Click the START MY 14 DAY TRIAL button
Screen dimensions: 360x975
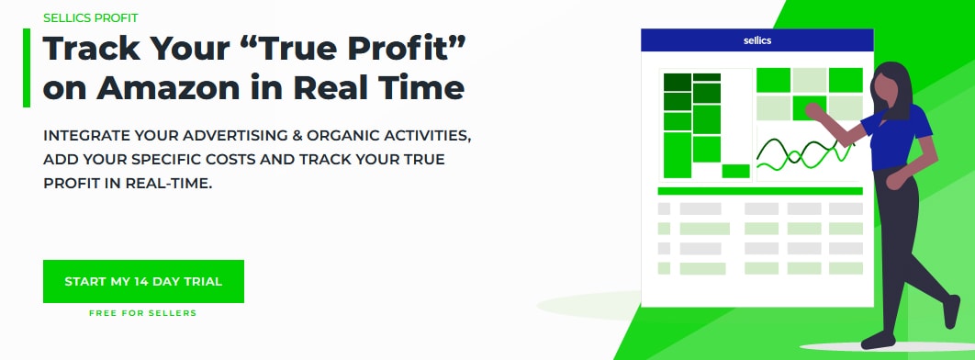point(143,281)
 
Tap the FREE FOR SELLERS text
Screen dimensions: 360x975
point(142,313)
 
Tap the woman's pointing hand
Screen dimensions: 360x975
point(812,111)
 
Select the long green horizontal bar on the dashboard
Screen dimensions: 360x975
point(760,190)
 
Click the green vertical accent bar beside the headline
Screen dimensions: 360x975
point(27,68)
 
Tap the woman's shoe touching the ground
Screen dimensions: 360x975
point(877,342)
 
